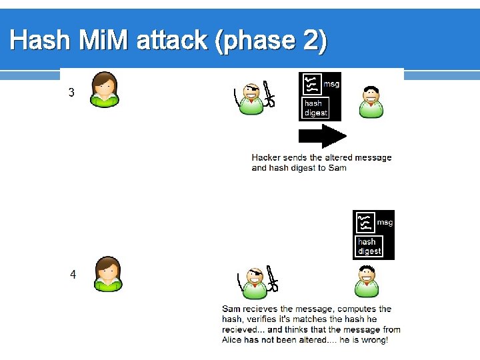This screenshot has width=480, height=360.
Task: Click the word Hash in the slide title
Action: tap(40, 41)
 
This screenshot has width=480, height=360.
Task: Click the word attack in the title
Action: tap(172, 41)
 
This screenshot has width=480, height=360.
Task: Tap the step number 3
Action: tap(72, 93)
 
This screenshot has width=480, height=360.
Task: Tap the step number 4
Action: tap(73, 274)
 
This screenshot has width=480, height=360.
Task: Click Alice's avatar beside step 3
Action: tap(105, 90)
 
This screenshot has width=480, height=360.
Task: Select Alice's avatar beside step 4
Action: tap(107, 273)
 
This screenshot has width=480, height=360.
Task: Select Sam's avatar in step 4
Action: tap(366, 281)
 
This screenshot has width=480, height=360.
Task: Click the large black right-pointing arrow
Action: tap(322, 136)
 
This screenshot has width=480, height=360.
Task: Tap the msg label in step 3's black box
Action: tap(331, 85)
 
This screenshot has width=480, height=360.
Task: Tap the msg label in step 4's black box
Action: tap(385, 222)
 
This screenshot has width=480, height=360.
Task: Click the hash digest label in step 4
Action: tap(369, 246)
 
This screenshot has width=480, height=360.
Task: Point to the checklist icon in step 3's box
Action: tap(310, 85)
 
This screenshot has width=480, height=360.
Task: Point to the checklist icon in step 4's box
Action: tap(364, 222)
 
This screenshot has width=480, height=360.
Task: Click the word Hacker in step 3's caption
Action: tap(266, 157)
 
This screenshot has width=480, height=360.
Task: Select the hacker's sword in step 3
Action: tap(269, 95)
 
